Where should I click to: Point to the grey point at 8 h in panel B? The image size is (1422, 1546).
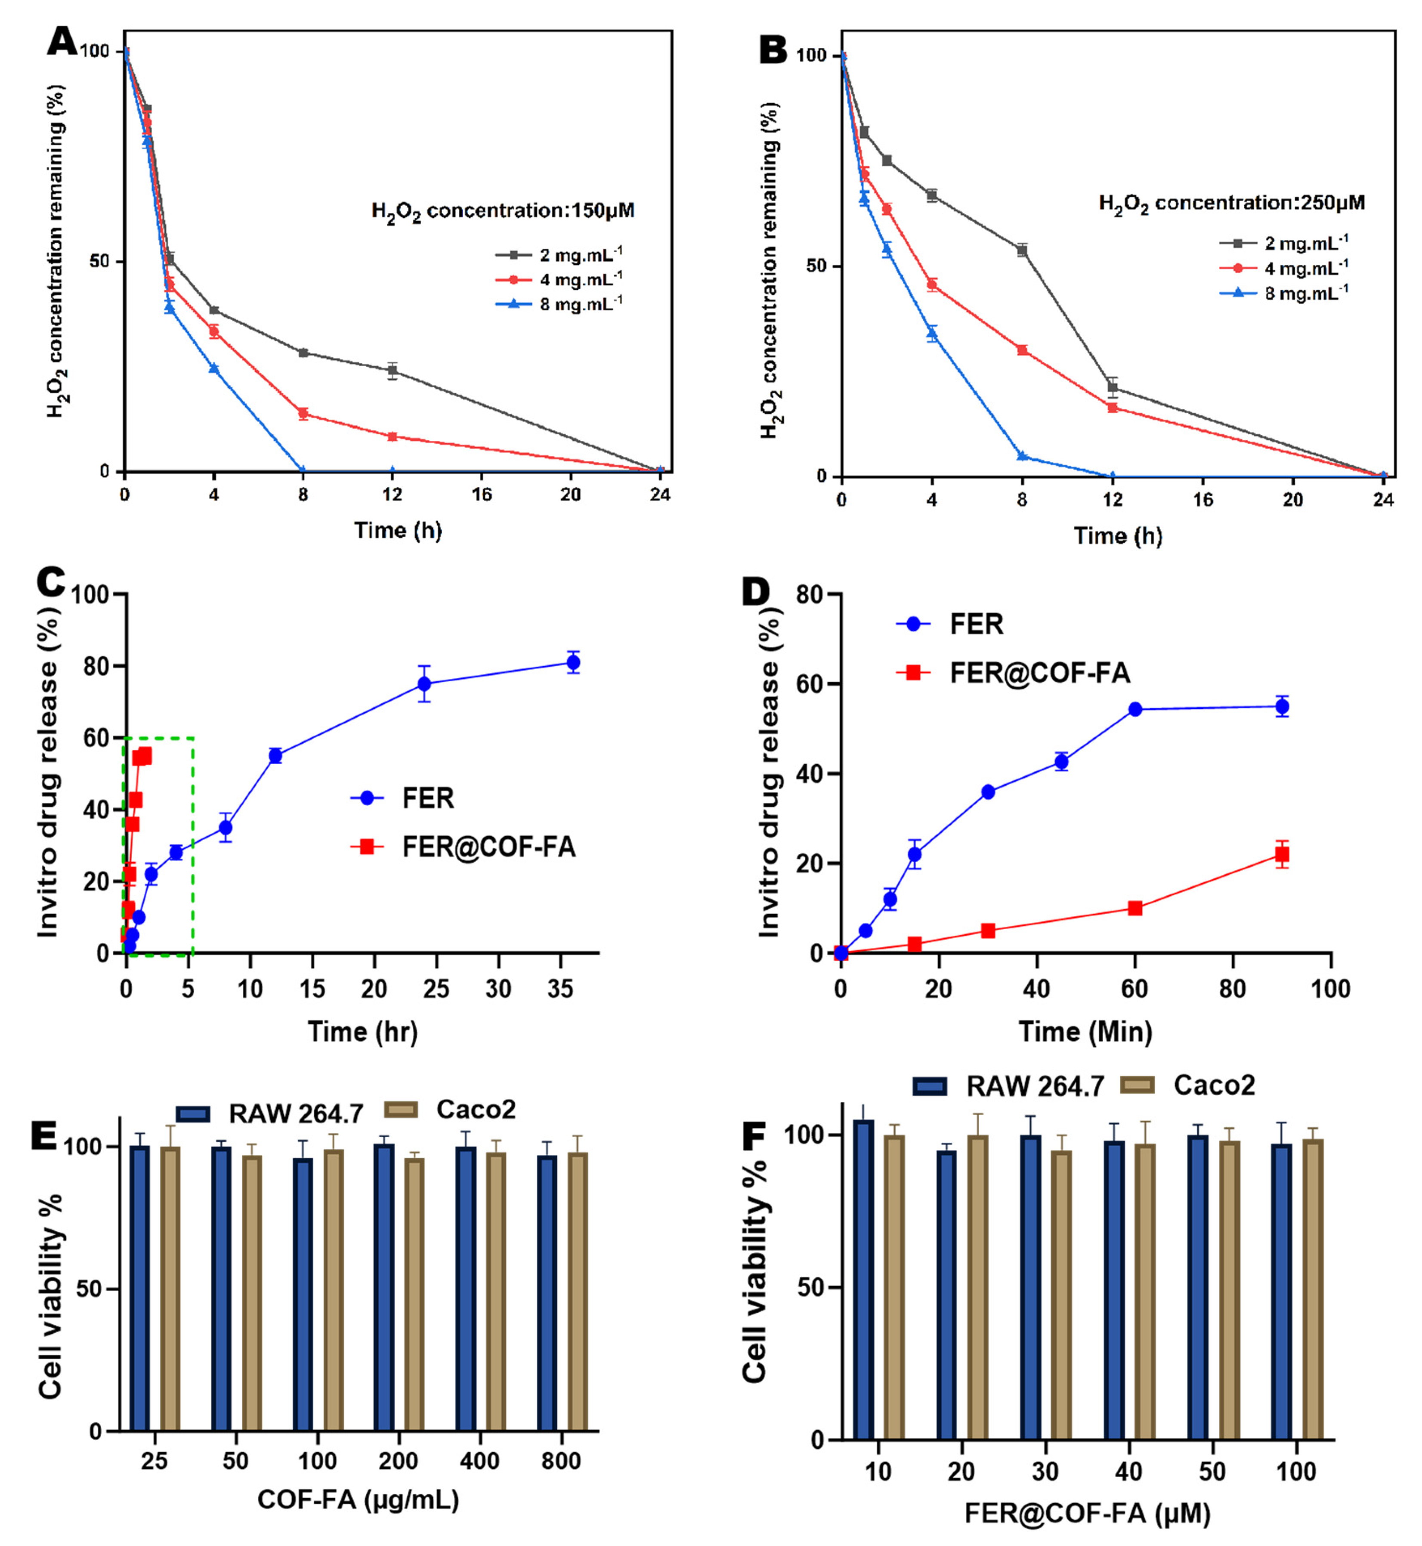click(1022, 250)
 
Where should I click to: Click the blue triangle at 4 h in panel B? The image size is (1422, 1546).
click(932, 334)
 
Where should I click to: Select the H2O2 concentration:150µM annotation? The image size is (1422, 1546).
click(503, 211)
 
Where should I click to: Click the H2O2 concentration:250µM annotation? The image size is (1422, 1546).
click(1231, 203)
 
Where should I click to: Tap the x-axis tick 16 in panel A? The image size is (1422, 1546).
click(482, 495)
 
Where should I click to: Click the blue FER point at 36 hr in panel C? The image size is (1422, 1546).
click(572, 662)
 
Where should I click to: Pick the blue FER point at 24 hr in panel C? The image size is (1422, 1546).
click(424, 683)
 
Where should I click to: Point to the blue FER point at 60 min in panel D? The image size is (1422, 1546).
click(1135, 709)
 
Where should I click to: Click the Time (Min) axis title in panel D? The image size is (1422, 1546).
click(1085, 1031)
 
